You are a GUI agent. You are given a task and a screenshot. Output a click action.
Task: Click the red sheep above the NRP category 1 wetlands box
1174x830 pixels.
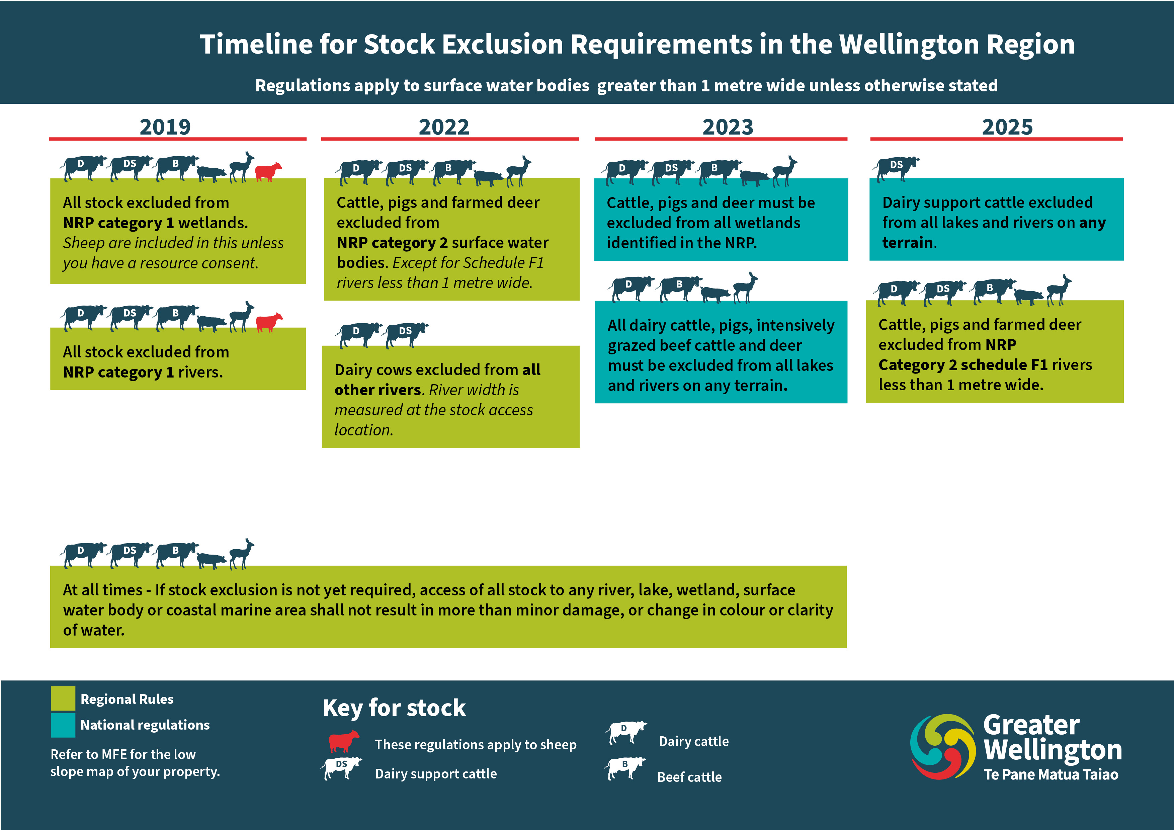pos(268,172)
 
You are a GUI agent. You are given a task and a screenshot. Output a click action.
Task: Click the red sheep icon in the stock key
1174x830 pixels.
pos(344,741)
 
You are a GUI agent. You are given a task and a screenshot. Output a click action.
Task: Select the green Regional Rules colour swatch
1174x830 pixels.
pos(63,698)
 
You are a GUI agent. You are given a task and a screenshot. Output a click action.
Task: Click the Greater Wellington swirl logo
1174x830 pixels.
pos(942,747)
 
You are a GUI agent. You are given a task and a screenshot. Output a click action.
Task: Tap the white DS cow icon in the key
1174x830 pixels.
pos(341,768)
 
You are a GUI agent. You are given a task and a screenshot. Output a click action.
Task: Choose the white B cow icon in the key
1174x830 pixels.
pos(625,768)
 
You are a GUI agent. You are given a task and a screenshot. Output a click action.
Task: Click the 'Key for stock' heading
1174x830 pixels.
pos(394,708)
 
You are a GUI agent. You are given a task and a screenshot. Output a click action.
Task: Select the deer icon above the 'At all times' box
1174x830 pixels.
pos(241,553)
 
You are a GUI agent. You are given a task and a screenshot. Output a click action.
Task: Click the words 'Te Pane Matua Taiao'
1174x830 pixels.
pos(1051,774)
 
